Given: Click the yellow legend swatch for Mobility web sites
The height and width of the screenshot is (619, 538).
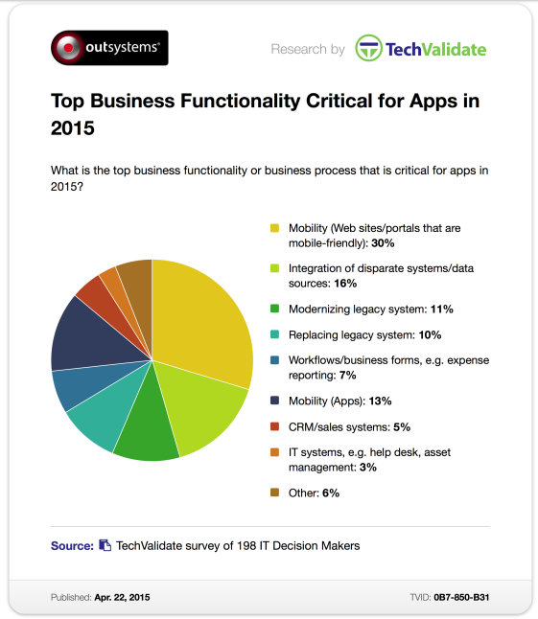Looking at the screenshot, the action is [x=274, y=228].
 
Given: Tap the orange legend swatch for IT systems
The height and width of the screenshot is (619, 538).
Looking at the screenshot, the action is [x=274, y=452].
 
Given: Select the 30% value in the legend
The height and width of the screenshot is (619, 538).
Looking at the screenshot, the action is [x=383, y=243].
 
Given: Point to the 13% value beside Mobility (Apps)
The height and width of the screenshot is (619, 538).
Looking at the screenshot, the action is [x=380, y=401].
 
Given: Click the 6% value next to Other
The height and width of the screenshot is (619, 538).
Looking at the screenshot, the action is [x=331, y=493].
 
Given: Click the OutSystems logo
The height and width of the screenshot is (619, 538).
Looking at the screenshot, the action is [x=109, y=48].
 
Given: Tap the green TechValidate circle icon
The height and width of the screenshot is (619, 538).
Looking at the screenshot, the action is [x=368, y=48].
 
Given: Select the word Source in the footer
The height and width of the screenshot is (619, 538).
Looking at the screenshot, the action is [x=72, y=546].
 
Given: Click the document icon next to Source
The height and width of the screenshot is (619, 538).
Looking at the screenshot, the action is [x=105, y=545].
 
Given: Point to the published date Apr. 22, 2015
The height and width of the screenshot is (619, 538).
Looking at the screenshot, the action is [x=122, y=597].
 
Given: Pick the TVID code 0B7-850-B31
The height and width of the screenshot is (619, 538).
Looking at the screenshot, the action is [x=461, y=597].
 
